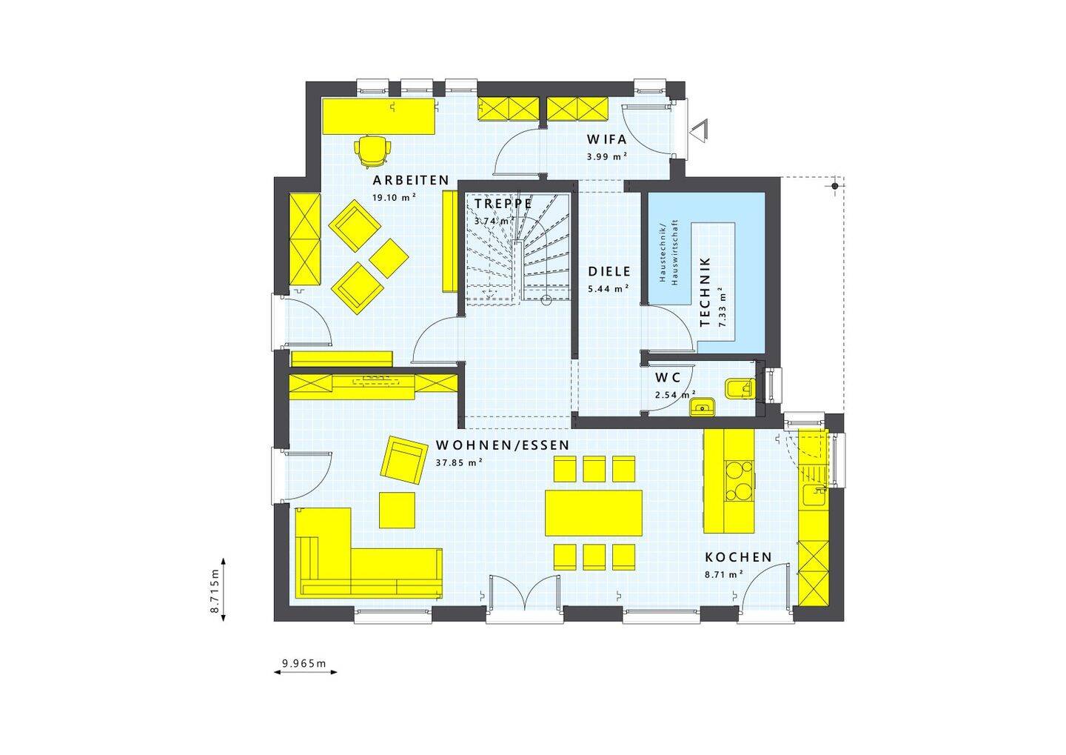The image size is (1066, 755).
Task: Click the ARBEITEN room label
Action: point(411,180)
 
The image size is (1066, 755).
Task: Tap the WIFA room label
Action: point(607,139)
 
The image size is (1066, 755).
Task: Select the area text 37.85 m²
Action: point(459,462)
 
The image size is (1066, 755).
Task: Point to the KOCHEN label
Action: point(738,557)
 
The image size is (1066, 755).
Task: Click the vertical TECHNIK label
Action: point(705,292)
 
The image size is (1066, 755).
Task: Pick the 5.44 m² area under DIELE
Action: point(609,289)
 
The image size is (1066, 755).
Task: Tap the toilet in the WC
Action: point(740,388)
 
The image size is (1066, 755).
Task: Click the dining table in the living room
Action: point(594,512)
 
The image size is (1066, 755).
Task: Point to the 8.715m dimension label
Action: point(214,591)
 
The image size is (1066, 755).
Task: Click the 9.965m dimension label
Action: point(304,663)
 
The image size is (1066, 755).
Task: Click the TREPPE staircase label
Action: point(503,203)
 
